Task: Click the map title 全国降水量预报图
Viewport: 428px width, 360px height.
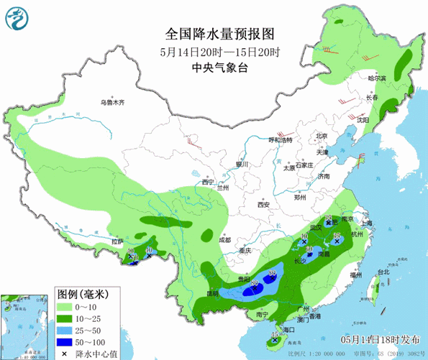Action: [220, 34]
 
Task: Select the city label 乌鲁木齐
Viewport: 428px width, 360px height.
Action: [112, 102]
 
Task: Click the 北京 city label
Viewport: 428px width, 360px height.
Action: [322, 136]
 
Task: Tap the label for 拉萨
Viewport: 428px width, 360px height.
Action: [117, 241]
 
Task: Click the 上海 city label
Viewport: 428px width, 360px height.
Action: [367, 223]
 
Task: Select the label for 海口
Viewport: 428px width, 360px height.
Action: [290, 329]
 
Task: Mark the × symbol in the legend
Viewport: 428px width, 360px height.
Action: [65, 353]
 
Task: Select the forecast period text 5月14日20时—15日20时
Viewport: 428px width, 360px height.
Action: [220, 51]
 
